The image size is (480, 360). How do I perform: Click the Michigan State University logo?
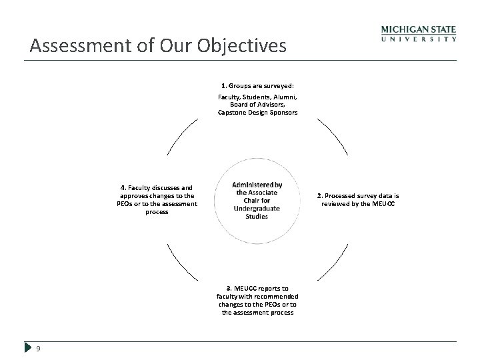419,34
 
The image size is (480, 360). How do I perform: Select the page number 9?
39,348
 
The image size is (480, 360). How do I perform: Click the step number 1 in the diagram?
223,86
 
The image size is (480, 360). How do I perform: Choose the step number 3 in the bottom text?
228,288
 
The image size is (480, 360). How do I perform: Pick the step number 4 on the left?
123,188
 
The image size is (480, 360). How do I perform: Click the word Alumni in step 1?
283,97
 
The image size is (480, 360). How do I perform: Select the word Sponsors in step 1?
282,112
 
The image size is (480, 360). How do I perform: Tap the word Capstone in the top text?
231,112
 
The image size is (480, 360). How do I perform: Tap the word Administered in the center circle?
257,185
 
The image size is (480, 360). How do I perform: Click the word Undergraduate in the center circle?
257,209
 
